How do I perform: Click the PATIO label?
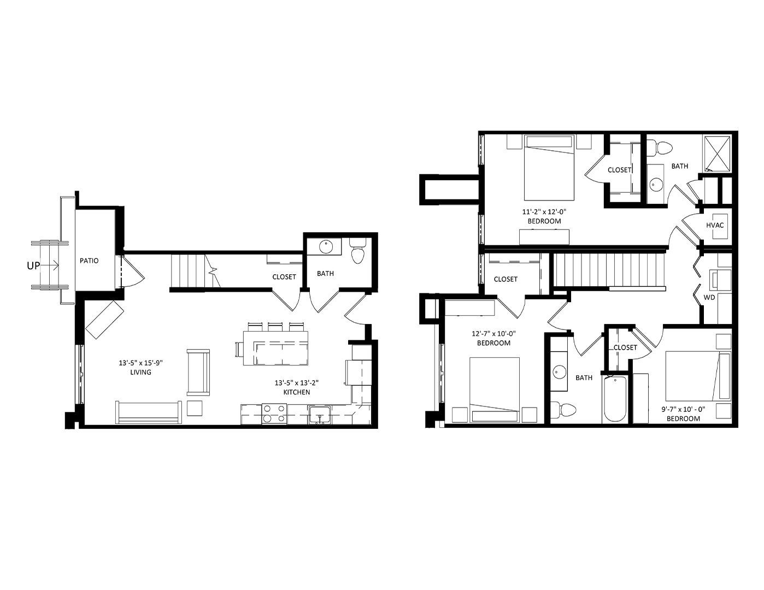coord(89,261)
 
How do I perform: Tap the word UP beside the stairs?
coord(33,266)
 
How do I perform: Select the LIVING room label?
coord(140,372)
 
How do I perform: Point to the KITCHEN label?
coord(297,392)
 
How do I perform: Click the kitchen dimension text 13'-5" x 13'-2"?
coord(297,383)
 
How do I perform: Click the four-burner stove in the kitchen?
coord(274,414)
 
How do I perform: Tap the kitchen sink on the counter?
coord(320,415)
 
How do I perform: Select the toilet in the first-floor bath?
coord(358,251)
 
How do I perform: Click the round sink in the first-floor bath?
coord(326,246)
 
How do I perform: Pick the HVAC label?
coord(715,225)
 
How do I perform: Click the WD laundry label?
coord(709,297)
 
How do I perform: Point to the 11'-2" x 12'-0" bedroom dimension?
coord(544,212)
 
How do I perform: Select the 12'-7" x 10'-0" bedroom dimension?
coord(493,333)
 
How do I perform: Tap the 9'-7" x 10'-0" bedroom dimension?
coord(683,409)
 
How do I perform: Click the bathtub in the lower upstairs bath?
coord(615,399)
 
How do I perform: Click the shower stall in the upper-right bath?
coord(717,153)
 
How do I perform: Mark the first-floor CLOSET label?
coord(284,277)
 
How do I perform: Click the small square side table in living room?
coord(195,408)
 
